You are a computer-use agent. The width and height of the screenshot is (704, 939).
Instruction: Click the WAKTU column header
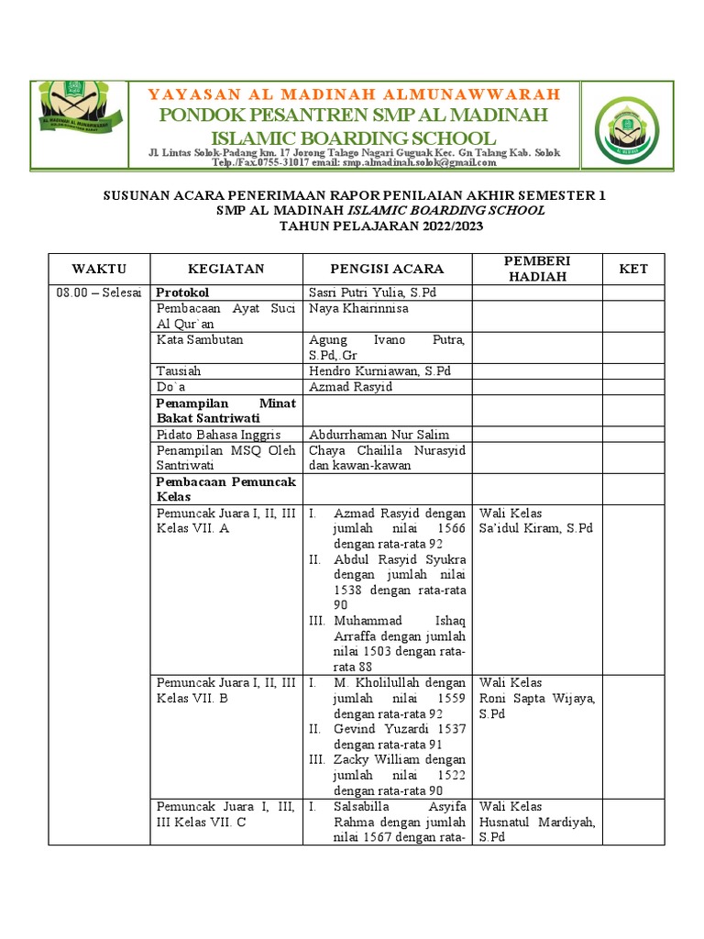99,269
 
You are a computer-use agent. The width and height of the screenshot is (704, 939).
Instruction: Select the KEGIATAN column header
225,269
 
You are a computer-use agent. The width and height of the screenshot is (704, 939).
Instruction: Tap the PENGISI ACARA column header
387,269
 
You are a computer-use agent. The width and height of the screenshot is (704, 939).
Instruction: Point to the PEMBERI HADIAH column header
537,269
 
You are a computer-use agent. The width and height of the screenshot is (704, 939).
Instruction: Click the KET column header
632,269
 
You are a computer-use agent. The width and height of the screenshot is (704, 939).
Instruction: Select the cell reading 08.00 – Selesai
99,293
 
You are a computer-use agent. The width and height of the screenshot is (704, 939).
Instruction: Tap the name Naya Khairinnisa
358,309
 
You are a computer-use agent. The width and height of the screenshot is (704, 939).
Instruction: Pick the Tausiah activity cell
179,371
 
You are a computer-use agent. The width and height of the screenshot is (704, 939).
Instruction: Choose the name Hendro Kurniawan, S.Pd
379,371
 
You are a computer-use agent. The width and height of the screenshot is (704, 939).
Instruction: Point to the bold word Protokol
183,293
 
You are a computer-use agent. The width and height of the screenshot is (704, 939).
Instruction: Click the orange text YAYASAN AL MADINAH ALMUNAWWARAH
354,94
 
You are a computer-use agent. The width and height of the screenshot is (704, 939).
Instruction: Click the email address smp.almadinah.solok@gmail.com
420,163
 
